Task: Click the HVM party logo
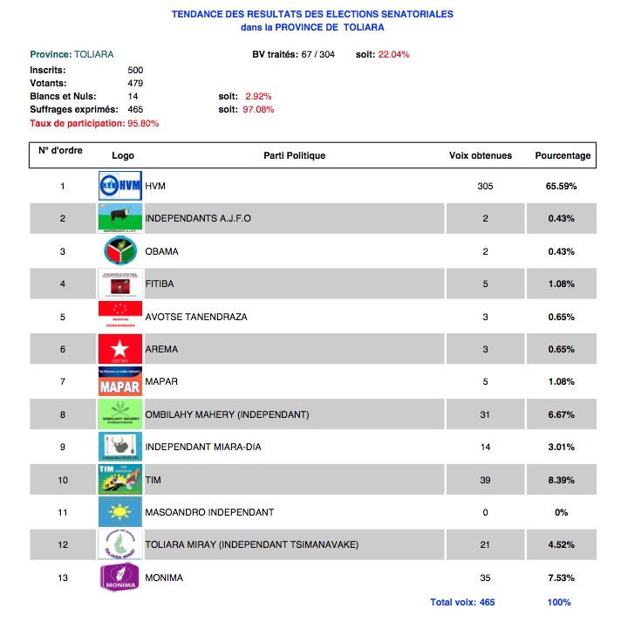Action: pos(119,186)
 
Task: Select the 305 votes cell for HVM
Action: pos(485,186)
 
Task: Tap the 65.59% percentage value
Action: pos(562,186)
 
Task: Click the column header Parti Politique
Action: pos(294,155)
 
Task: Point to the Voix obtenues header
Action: pos(481,155)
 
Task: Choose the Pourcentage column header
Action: pos(563,155)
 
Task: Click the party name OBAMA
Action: pos(161,251)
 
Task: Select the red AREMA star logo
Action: pos(119,349)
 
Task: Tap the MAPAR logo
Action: pos(119,381)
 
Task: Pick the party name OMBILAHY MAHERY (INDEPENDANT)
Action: pos(227,414)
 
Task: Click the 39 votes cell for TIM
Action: pos(485,480)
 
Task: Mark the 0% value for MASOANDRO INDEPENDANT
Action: pos(562,512)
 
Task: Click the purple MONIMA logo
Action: pos(119,578)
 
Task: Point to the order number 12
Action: pos(63,545)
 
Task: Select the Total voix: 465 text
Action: pos(462,602)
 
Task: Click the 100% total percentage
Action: pos(559,602)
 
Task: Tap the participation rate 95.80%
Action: pos(143,123)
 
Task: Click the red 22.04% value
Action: pos(394,54)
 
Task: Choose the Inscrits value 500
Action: pos(135,69)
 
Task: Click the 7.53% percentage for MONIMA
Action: pos(562,578)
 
